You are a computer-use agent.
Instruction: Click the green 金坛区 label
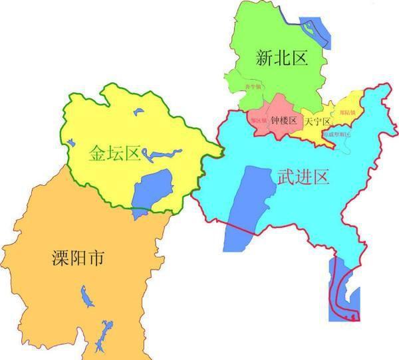114,153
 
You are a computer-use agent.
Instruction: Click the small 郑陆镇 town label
347,113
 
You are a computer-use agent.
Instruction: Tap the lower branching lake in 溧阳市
102,335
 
